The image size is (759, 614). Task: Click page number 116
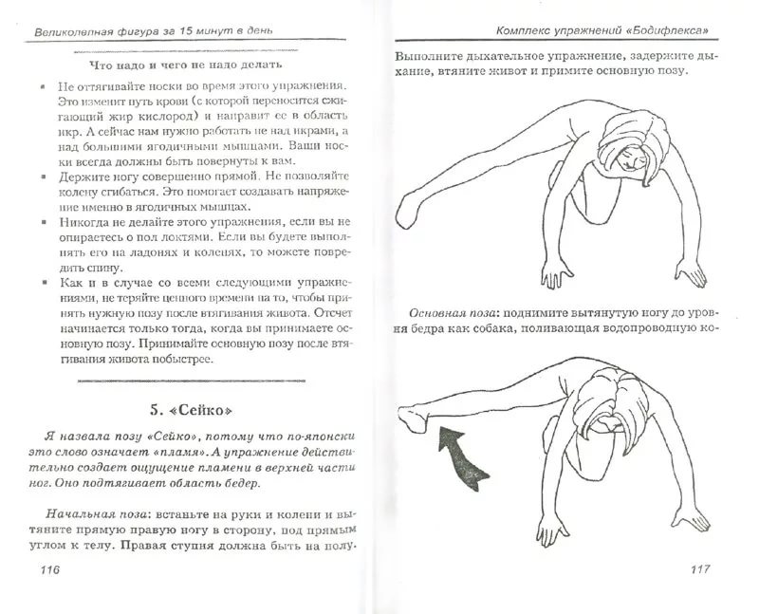click(x=45, y=570)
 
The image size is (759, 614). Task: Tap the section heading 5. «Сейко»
click(x=191, y=411)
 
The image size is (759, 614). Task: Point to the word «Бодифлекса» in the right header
click(x=666, y=29)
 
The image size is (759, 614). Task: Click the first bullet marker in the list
click(x=44, y=86)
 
